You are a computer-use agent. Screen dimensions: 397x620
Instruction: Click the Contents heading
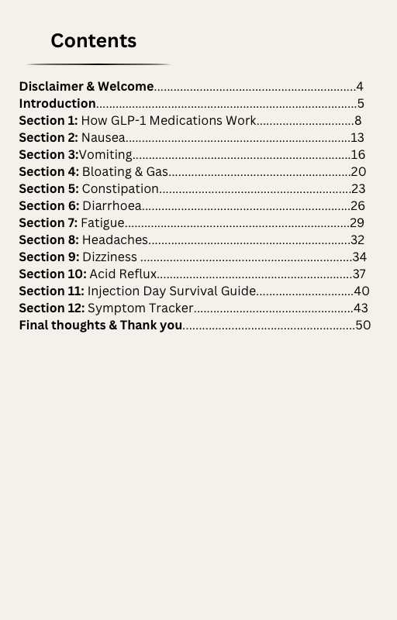click(93, 41)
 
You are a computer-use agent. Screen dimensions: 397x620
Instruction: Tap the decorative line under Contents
click(98, 64)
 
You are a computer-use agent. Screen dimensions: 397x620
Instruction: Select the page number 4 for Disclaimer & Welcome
click(360, 87)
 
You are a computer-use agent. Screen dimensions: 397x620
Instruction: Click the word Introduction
click(57, 104)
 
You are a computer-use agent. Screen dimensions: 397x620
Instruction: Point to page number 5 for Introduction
click(361, 104)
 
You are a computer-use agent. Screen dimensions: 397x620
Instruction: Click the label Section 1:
click(48, 121)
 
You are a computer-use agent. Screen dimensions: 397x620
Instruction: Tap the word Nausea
click(103, 138)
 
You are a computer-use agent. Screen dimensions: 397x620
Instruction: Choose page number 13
click(357, 138)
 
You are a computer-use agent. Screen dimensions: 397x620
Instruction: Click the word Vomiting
click(105, 155)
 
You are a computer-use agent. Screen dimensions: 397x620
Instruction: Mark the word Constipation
click(120, 189)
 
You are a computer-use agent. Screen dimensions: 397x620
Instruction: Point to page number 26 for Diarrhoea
click(357, 206)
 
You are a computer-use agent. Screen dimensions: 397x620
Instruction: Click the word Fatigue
click(102, 223)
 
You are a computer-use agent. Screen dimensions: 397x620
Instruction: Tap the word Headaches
click(115, 240)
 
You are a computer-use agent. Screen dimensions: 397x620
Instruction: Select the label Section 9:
click(49, 257)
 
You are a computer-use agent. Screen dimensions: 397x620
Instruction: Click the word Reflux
click(138, 274)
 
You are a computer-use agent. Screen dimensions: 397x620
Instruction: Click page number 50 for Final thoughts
click(363, 325)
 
